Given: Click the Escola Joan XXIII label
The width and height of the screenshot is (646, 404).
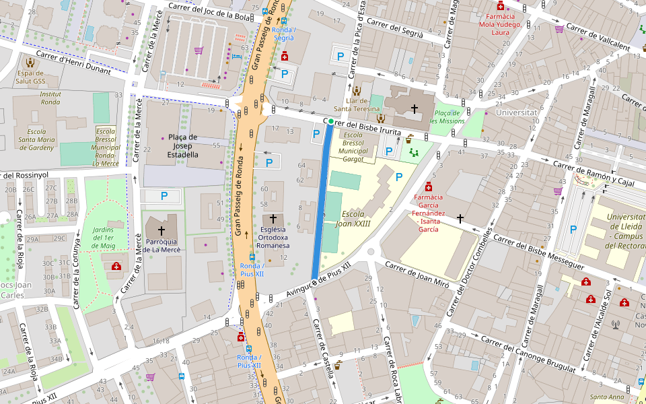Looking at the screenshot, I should pos(356,219).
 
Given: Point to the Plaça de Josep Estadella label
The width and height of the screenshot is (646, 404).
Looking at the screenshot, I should pos(183,145).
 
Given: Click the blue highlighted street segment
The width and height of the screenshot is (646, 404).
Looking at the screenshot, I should pos(321,202).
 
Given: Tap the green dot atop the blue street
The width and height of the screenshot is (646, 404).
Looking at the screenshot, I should pos(330,121).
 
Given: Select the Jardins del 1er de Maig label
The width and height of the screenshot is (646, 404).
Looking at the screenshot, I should pos(103,238).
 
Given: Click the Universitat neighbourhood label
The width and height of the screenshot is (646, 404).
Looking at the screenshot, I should pos(515,112).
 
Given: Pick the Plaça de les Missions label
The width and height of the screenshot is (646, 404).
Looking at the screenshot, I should pos(447,116).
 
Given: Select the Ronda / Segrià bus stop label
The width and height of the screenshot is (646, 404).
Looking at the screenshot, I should pos(284,34).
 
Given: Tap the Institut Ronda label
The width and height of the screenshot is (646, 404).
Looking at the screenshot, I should pos(50,98).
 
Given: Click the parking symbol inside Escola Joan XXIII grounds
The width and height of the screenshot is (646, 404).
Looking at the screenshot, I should pos(399,177).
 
